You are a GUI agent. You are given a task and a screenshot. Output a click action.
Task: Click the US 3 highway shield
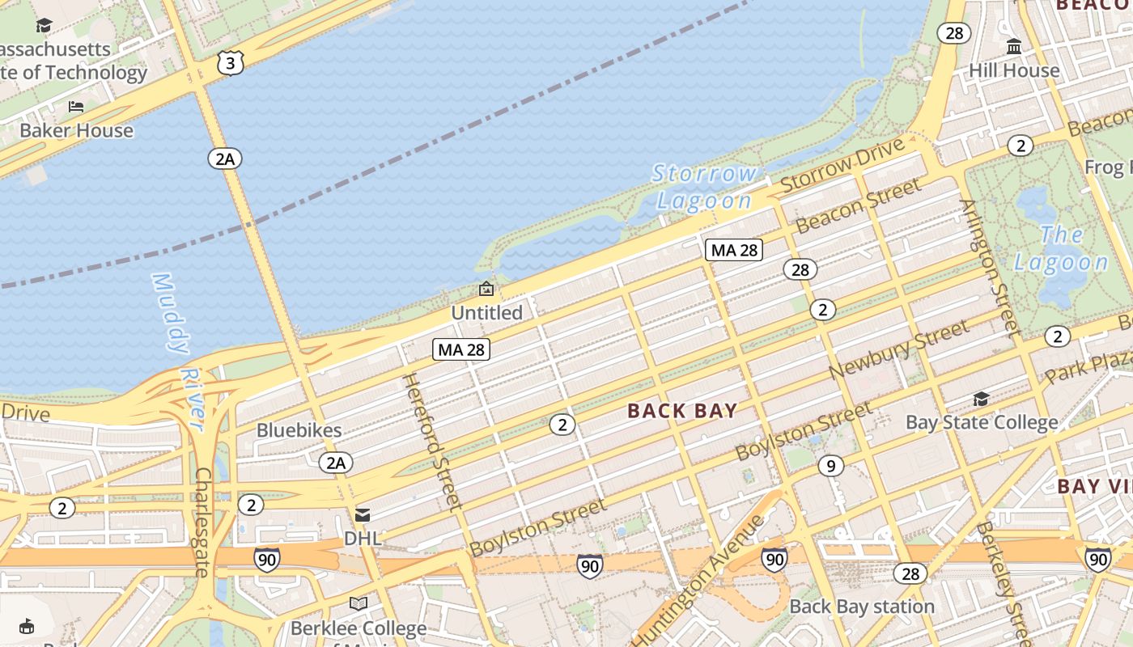pos(231,63)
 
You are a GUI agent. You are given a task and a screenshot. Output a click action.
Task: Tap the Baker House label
pos(76,130)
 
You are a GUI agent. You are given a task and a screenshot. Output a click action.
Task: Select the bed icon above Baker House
pos(76,107)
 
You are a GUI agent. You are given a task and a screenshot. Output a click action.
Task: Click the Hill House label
pos(1014,70)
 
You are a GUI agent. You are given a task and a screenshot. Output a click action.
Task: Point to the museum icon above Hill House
pos(1014,47)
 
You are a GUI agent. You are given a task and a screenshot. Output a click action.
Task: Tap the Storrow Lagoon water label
pos(705,187)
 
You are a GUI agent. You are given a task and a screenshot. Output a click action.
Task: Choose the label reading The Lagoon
pos(1061,248)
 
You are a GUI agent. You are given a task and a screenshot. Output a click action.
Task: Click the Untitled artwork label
pos(486,312)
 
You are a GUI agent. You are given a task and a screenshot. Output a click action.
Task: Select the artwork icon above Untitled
pos(486,289)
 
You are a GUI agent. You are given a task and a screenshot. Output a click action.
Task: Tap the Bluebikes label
pos(299,429)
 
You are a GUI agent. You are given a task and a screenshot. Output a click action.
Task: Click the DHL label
pos(362,538)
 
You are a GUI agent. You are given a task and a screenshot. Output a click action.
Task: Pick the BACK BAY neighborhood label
pos(682,411)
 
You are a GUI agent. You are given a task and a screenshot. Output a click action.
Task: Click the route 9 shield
pos(830,466)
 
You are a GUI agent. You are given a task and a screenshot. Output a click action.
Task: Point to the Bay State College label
pos(981,422)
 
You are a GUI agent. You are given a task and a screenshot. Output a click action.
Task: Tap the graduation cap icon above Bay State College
pos(981,399)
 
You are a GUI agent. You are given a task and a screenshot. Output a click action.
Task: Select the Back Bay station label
pos(862,606)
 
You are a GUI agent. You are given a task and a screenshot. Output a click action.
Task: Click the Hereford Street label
pos(432,441)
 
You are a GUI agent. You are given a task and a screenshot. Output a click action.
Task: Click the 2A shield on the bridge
pos(225,159)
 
